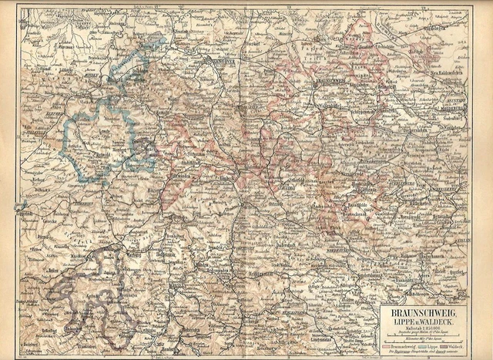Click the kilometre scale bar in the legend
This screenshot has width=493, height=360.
tap(423, 340)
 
